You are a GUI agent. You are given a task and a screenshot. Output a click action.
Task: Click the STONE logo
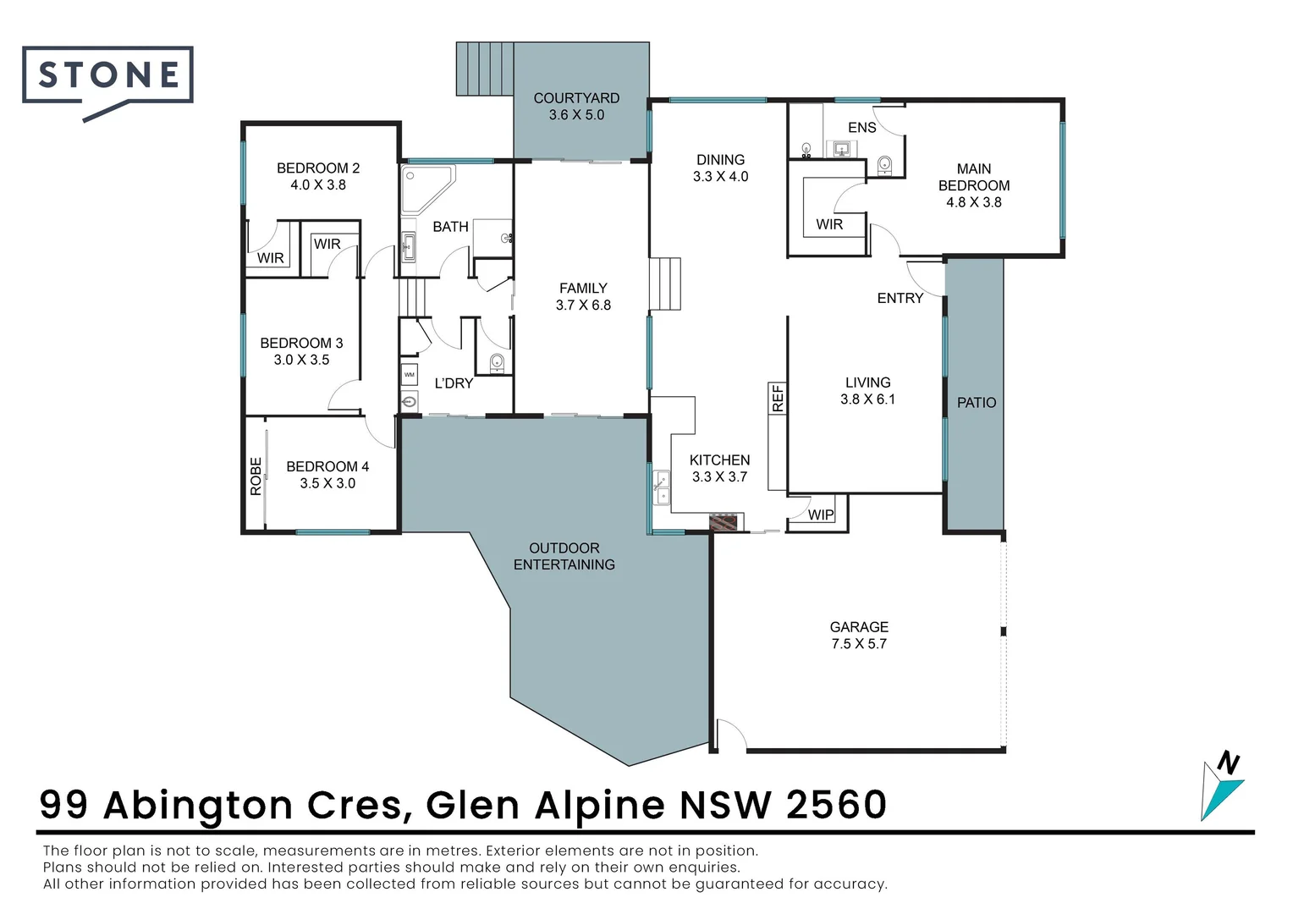[x=108, y=76]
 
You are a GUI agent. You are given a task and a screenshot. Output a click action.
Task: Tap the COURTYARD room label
[x=576, y=98]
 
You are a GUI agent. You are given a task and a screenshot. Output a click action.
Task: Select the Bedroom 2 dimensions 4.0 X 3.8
[x=318, y=185]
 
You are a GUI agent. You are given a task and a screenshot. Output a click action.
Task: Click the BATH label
[x=450, y=227]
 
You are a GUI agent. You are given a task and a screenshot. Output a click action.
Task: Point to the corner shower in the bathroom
[x=424, y=187]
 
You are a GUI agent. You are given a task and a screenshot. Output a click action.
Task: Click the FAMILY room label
[x=583, y=289]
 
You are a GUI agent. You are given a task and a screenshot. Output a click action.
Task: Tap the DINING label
[x=720, y=160]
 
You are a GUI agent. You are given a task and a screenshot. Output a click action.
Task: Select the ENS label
[x=861, y=128]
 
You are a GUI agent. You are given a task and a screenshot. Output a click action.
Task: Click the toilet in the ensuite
[x=884, y=164]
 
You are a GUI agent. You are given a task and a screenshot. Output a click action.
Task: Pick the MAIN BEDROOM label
[x=973, y=178]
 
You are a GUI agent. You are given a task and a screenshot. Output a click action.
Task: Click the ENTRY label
[x=900, y=299]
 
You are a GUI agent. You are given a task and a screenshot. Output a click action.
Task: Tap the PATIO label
[x=976, y=403]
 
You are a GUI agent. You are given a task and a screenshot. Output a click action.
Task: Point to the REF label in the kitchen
[x=778, y=398]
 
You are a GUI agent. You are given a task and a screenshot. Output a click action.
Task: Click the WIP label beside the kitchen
[x=820, y=515]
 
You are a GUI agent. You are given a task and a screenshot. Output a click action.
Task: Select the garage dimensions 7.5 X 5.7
[x=859, y=644]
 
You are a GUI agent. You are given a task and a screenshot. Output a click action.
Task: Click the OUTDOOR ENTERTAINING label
[x=564, y=557]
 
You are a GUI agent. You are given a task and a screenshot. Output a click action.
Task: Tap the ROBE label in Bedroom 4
[x=256, y=476]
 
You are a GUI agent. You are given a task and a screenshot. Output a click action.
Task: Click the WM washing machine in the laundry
[x=410, y=374]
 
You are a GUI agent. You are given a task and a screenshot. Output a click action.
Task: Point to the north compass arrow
[x=1223, y=785]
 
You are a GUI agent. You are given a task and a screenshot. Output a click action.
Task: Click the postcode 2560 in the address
[x=836, y=805]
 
